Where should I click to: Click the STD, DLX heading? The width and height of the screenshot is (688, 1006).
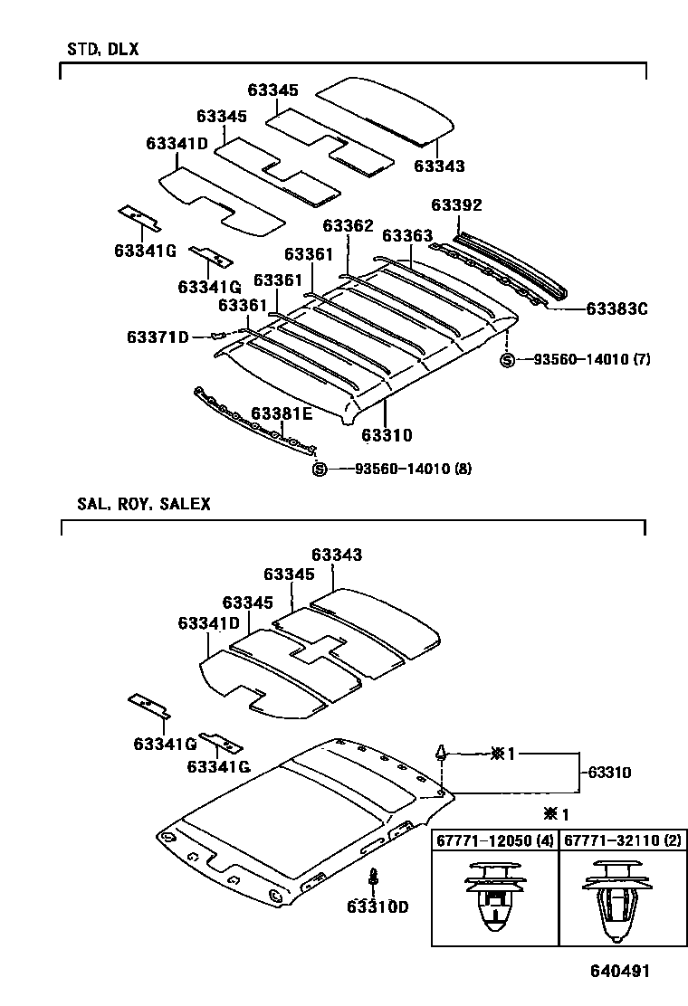pyautogui.click(x=102, y=50)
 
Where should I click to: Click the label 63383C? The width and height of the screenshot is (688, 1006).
pyautogui.click(x=616, y=308)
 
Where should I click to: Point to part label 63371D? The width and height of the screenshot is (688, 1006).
pyautogui.click(x=158, y=337)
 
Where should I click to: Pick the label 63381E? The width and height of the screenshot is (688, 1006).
pyautogui.click(x=282, y=413)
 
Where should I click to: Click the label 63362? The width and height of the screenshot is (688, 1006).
pyautogui.click(x=348, y=225)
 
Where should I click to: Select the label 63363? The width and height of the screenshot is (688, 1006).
pyautogui.click(x=407, y=235)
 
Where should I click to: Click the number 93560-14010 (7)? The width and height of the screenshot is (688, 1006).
pyautogui.click(x=592, y=360)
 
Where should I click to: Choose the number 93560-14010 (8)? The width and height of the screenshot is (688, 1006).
pyautogui.click(x=413, y=469)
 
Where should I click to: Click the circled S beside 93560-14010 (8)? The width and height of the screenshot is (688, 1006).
pyautogui.click(x=318, y=469)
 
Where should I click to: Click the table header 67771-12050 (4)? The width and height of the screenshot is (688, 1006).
pyautogui.click(x=494, y=841)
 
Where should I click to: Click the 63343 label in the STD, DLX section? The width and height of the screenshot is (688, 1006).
pyautogui.click(x=439, y=166)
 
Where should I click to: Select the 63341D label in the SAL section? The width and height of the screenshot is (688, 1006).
pyautogui.click(x=208, y=623)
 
